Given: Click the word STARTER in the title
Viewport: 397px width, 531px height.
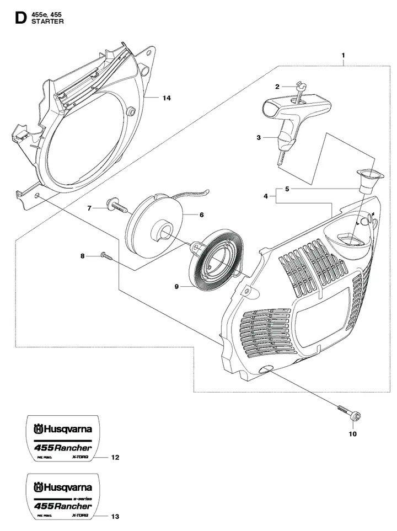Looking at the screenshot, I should click(49, 22).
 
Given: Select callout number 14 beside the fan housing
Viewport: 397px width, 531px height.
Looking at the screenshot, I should click(167, 98).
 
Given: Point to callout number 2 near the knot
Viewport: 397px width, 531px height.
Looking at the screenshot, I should click(277, 86).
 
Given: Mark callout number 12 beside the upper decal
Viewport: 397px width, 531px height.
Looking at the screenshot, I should click(115, 458).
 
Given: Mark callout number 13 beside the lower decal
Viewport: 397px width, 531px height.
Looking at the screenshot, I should click(115, 517).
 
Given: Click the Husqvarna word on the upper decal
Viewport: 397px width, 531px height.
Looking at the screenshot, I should click(67, 428).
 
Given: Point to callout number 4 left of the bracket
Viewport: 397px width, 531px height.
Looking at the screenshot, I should click(265, 196).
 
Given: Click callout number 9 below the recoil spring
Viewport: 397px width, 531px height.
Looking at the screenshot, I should click(176, 287).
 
